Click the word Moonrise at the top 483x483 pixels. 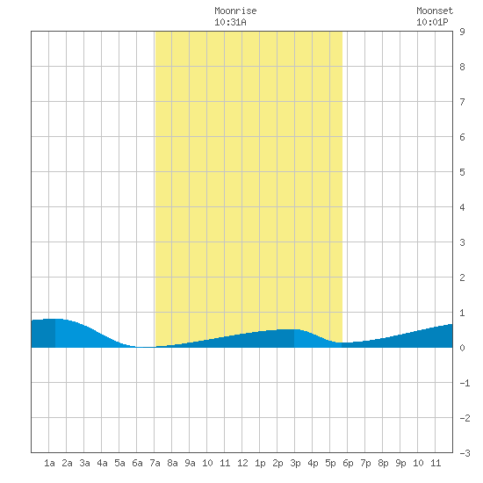(235, 11)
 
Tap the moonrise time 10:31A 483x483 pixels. (230, 22)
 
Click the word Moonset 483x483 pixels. (435, 11)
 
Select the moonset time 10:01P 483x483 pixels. (432, 22)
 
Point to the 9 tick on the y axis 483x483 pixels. (462, 32)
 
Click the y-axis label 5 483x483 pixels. (462, 172)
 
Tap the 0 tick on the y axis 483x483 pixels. (462, 348)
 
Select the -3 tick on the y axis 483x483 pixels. (465, 453)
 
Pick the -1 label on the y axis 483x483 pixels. (465, 383)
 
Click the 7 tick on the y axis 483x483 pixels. (462, 102)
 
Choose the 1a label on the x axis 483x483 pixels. (49, 463)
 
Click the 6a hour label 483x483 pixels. (137, 463)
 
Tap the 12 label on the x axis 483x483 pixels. (242, 463)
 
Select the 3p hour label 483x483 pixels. (295, 463)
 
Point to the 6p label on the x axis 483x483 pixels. (348, 463)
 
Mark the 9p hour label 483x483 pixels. (400, 463)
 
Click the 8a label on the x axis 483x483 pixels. (172, 463)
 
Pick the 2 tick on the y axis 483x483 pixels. (462, 278)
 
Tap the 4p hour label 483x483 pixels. (313, 463)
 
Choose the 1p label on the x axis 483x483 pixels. (260, 463)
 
